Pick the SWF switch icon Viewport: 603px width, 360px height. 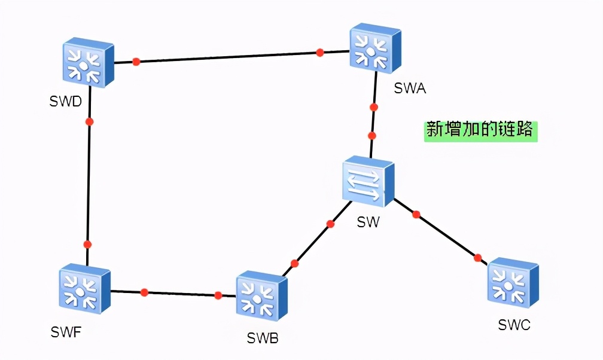tap(85, 289)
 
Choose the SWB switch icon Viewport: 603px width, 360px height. tap(262, 297)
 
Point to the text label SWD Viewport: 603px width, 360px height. tap(65, 101)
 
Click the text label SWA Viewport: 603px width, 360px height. tap(410, 89)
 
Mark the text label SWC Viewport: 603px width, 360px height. tap(514, 325)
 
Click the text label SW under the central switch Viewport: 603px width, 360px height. tap(368, 222)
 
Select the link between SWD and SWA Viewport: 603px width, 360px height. tap(227, 57)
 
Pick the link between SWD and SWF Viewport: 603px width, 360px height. tap(89, 179)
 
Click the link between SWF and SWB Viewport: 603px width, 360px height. tap(179, 294)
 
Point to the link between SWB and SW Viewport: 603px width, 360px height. tap(312, 243)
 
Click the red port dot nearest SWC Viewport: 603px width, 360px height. tap(477, 258)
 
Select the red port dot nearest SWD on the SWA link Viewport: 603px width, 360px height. tap(136, 61)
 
